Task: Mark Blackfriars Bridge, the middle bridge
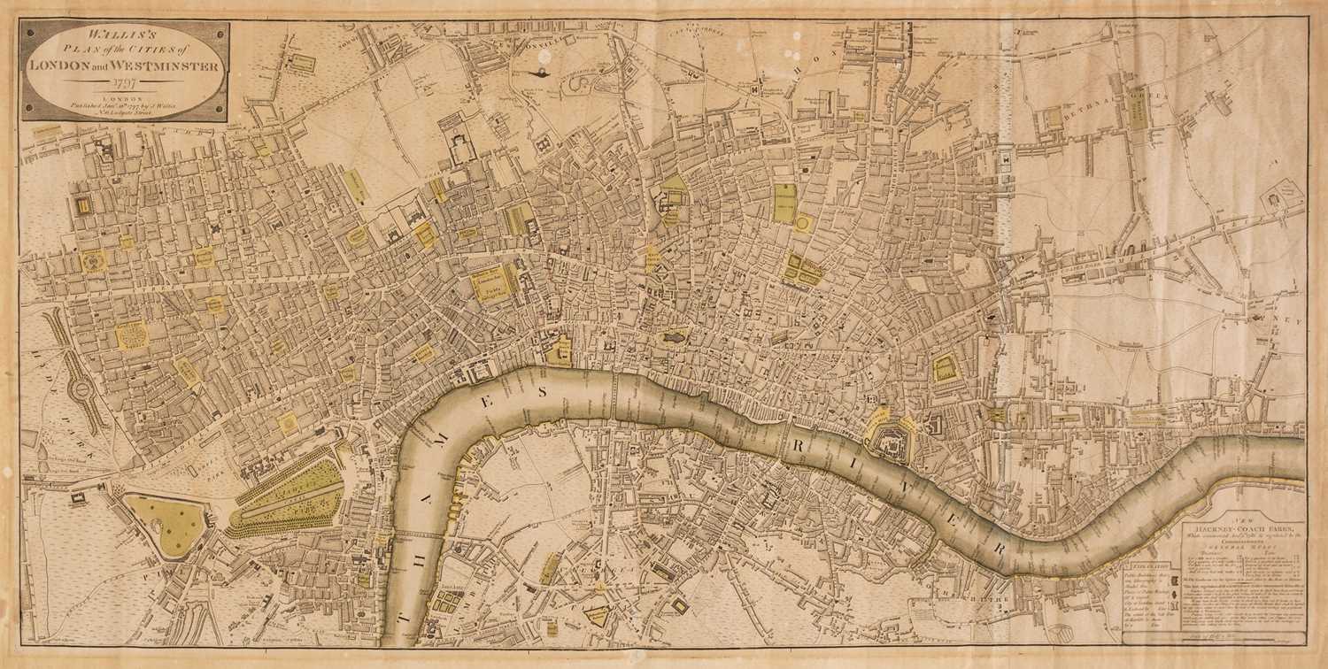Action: click(x=612, y=396)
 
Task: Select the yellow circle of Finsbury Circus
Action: click(x=802, y=224)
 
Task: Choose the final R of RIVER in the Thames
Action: click(x=999, y=548)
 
